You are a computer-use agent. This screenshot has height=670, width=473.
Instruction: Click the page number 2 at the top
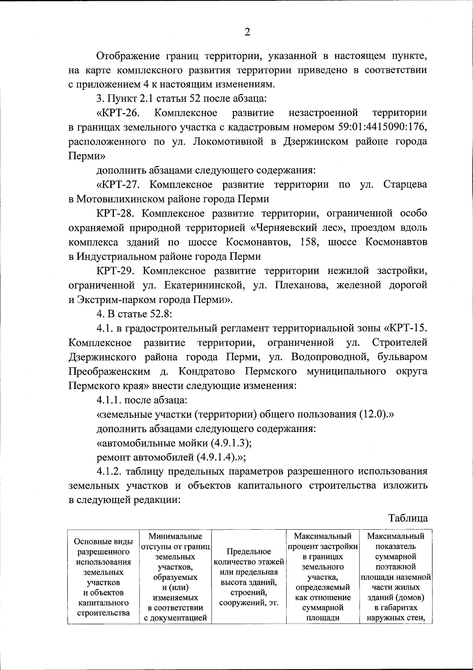(247, 32)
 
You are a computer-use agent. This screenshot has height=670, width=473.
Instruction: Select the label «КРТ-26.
(118, 113)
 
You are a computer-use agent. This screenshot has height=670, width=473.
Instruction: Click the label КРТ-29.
(116, 271)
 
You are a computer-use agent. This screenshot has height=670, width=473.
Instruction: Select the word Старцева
(405, 185)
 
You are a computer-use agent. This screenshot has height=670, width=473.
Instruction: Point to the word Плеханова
(302, 285)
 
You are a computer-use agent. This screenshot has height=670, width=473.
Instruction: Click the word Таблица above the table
(408, 518)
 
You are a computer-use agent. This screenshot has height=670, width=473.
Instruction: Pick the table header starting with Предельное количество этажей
(249, 571)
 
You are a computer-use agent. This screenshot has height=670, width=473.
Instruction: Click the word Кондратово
(205, 371)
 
